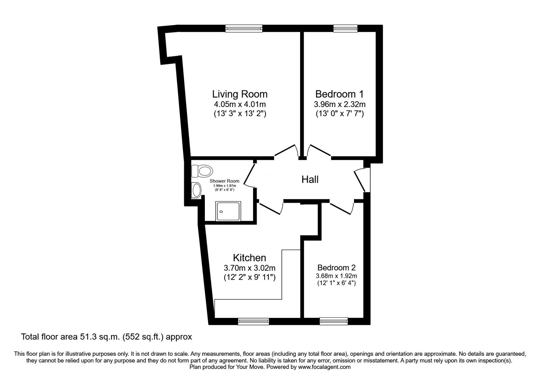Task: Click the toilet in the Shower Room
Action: (x=202, y=171)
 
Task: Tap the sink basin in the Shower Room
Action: (x=196, y=190)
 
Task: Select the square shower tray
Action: (x=228, y=211)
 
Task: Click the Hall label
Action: (x=310, y=179)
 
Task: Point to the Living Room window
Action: (x=244, y=29)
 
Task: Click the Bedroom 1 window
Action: (x=345, y=29)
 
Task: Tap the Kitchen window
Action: (x=253, y=321)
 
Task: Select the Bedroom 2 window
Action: (x=334, y=321)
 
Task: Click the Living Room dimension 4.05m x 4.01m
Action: (x=240, y=104)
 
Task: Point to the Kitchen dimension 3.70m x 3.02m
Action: (x=249, y=268)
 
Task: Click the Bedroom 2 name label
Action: (x=336, y=268)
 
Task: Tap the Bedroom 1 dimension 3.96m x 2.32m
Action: (x=340, y=104)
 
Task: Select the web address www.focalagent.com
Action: (x=324, y=367)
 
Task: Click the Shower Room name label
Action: (x=224, y=181)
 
